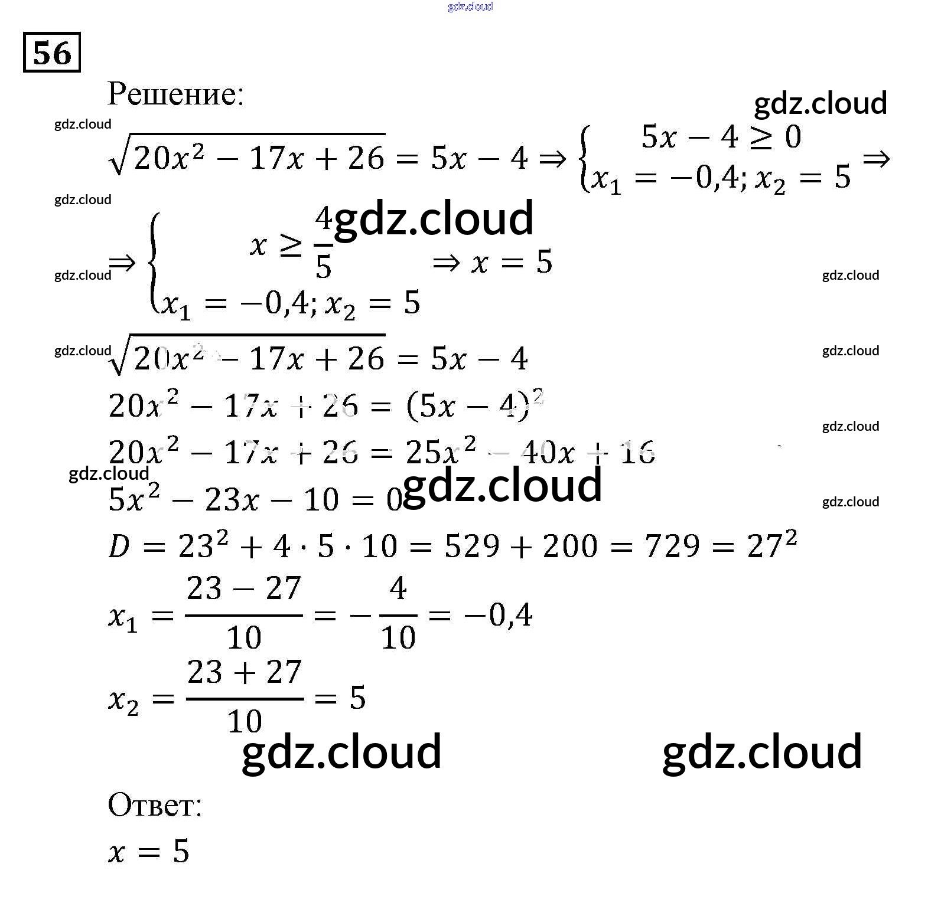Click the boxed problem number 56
pyautogui.click(x=52, y=53)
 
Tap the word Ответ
pyautogui.click(x=155, y=804)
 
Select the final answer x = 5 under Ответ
pyautogui.click(x=149, y=852)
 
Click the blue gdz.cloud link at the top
pyautogui.click(x=470, y=6)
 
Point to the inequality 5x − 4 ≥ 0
pyautogui.click(x=721, y=138)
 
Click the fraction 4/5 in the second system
pyautogui.click(x=323, y=243)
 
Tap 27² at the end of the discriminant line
pyautogui.click(x=771, y=544)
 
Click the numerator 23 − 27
pyautogui.click(x=244, y=588)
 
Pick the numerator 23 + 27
pyautogui.click(x=245, y=672)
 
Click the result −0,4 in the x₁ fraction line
pyautogui.click(x=499, y=616)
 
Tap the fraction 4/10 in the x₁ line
pyautogui.click(x=398, y=614)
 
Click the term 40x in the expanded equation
pyautogui.click(x=548, y=453)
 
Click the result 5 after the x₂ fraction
pyautogui.click(x=358, y=698)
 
